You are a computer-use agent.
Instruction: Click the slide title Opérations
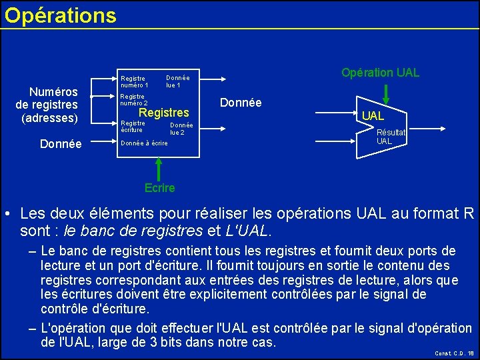(x=60, y=15)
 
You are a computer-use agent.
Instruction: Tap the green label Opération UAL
(x=380, y=72)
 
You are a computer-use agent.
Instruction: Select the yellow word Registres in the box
(x=163, y=113)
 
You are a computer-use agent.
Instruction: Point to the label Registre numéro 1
(x=134, y=81)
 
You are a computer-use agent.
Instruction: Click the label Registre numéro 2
(x=133, y=100)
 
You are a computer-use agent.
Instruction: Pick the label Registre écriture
(x=132, y=126)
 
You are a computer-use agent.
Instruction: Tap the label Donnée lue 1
(x=177, y=81)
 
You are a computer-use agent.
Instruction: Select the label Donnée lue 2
(x=181, y=129)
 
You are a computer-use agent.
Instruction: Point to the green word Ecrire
(x=159, y=187)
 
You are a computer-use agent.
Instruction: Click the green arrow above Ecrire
(x=158, y=168)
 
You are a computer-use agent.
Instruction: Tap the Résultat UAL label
(x=391, y=137)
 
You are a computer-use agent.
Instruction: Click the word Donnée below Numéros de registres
(x=61, y=143)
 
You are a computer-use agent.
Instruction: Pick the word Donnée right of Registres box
(x=240, y=103)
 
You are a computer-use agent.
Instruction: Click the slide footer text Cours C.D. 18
(x=454, y=353)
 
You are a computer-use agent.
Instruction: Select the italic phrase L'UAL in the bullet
(x=248, y=231)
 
